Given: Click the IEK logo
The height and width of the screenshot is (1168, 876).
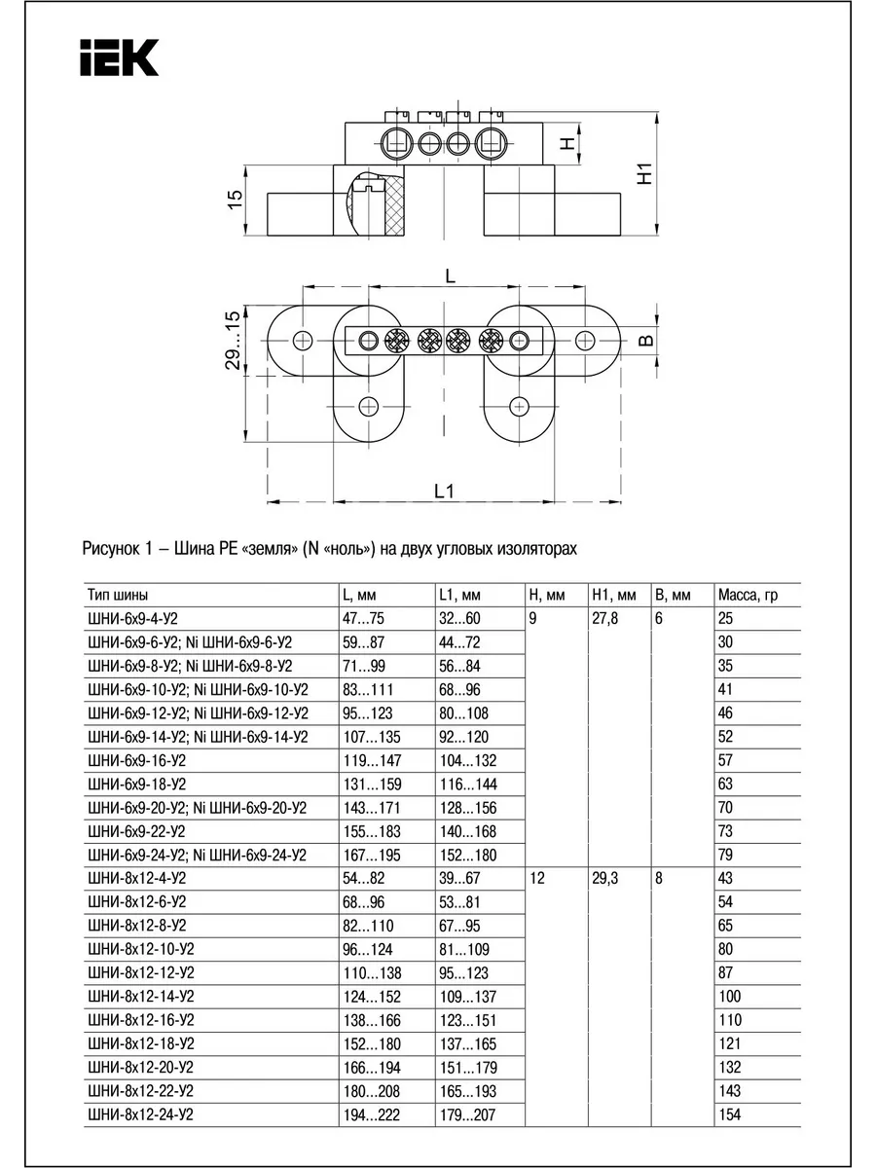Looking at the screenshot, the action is pyautogui.click(x=120, y=57).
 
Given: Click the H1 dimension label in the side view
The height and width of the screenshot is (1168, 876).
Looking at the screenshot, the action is pyautogui.click(x=644, y=173).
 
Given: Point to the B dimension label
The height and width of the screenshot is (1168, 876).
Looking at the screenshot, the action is pyautogui.click(x=645, y=340).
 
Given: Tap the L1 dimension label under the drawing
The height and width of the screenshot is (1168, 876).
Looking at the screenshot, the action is pyautogui.click(x=445, y=491).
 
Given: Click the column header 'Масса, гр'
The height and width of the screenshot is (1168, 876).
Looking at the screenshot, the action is pyautogui.click(x=748, y=595).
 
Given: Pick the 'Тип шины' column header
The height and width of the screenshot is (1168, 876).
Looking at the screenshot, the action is pyautogui.click(x=118, y=595).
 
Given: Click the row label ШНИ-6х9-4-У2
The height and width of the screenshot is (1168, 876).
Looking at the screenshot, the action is pyautogui.click(x=133, y=619).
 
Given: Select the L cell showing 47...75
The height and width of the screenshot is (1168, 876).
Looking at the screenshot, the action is pyautogui.click(x=363, y=619).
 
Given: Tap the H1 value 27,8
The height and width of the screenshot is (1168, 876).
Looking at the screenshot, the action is pyautogui.click(x=605, y=619).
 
